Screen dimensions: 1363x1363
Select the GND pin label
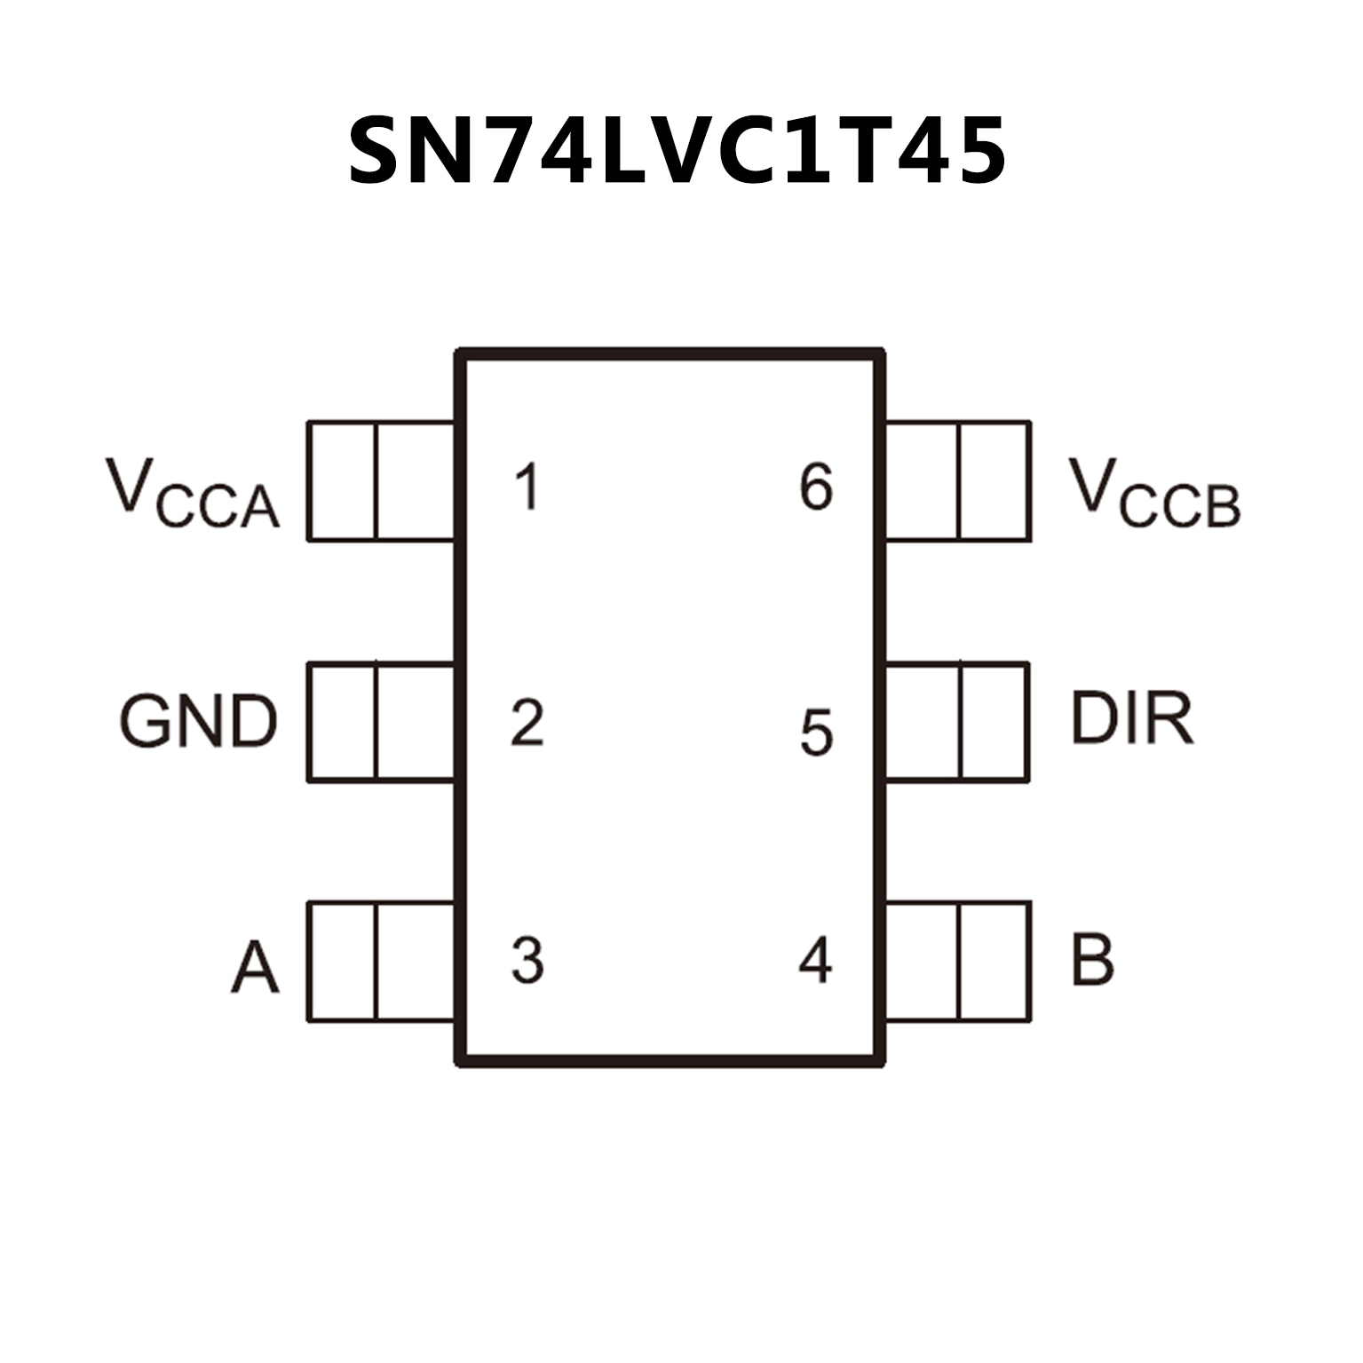pyautogui.click(x=199, y=721)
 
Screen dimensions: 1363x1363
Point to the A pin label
pyautogui.click(x=255, y=967)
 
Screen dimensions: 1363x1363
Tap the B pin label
pyautogui.click(x=1092, y=959)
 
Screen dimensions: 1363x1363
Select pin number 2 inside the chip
pyautogui.click(x=527, y=722)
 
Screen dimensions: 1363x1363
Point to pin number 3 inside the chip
pyautogui.click(x=527, y=960)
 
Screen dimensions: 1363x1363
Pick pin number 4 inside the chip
pyautogui.click(x=815, y=960)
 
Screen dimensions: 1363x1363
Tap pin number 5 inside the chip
pyautogui.click(x=816, y=733)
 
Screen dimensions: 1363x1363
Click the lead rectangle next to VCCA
pyautogui.click(x=381, y=480)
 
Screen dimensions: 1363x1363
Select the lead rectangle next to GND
pyautogui.click(x=381, y=722)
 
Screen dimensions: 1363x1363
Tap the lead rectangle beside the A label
pyautogui.click(x=381, y=962)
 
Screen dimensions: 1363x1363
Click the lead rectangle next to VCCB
pyautogui.click(x=958, y=480)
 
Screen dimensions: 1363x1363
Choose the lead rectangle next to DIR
pyautogui.click(x=958, y=722)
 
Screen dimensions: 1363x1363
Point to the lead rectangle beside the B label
pyautogui.click(x=958, y=962)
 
